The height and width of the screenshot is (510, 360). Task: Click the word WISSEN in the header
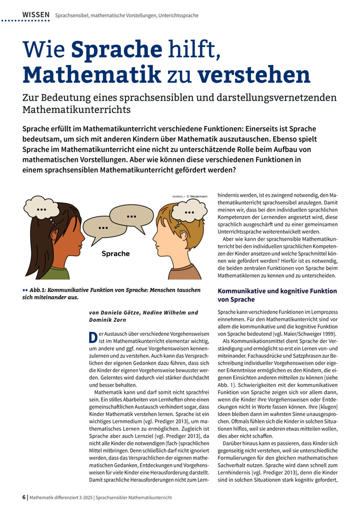(36, 15)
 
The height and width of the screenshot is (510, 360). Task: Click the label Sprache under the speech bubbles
(115, 254)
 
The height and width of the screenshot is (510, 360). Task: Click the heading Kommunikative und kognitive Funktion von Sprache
(277, 295)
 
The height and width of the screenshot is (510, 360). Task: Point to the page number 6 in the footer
(24, 497)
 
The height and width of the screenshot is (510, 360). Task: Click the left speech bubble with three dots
(103, 228)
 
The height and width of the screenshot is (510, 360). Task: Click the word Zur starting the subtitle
(31, 98)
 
